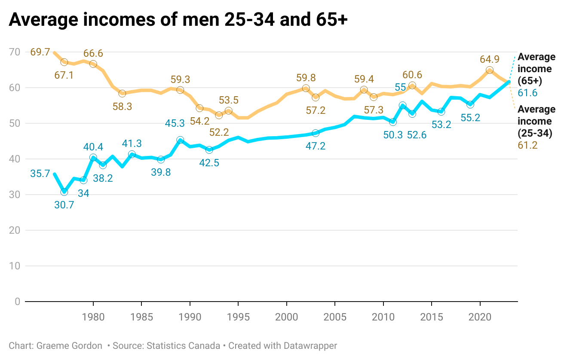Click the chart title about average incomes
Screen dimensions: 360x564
(x=178, y=20)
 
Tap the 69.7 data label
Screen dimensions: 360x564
(x=40, y=52)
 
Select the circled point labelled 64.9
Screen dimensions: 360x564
(x=489, y=70)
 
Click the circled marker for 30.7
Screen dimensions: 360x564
(x=64, y=192)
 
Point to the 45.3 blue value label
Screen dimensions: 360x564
(x=175, y=123)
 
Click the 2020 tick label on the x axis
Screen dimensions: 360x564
(x=479, y=317)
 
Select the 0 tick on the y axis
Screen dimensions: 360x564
(x=17, y=302)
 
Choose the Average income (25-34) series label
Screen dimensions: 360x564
(x=536, y=121)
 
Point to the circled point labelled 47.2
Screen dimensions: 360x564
(x=316, y=133)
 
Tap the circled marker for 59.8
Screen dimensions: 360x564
(x=306, y=88)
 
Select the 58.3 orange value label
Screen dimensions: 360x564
(x=122, y=106)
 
